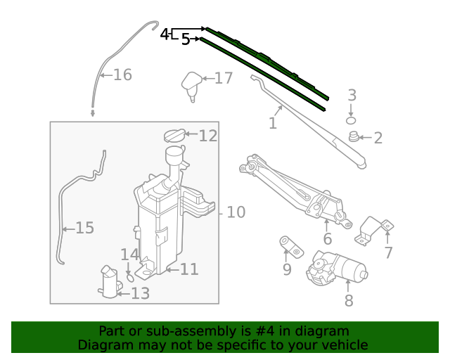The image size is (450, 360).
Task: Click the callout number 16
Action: pos(122,75)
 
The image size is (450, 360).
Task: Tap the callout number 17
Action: pos(223,78)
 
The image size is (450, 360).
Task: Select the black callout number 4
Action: pos(165,34)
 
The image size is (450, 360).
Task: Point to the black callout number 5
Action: pos(186,39)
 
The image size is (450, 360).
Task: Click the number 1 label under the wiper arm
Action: pos(272,124)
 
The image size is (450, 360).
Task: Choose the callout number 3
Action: pos(352,95)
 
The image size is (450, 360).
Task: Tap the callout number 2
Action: pos(378,138)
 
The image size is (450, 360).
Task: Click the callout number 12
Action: pos(208,136)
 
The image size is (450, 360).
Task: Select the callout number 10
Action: pos(236,212)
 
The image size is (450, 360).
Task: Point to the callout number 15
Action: pos(84,228)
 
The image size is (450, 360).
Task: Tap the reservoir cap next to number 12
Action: pos(174,134)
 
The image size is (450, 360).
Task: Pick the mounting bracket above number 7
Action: pos(374,231)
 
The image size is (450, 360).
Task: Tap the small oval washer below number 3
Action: pos(351,120)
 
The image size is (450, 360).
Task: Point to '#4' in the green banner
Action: pos(274,331)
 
